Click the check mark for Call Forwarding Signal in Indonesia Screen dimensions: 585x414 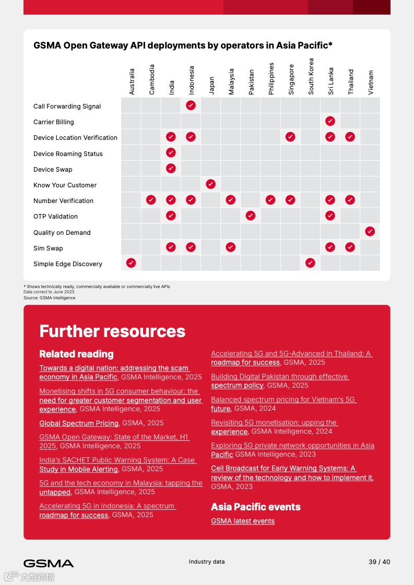(191, 105)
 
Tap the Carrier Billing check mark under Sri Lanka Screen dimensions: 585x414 (330, 121)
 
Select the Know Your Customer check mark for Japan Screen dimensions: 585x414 (211, 184)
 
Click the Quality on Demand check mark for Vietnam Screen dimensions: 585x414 (370, 231)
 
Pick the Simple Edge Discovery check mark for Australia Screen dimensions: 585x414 (131, 263)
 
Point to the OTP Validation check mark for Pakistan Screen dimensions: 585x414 (251, 216)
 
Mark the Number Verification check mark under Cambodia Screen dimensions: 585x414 (151, 200)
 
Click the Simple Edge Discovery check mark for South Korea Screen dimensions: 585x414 (310, 263)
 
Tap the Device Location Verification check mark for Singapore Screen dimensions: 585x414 (290, 137)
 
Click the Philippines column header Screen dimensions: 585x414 (271, 79)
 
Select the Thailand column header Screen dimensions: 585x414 (351, 82)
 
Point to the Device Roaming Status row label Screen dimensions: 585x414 (68, 154)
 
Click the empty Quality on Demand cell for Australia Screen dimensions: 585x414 (131, 232)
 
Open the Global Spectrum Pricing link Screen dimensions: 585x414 (79, 423)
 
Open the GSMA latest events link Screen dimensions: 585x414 (243, 521)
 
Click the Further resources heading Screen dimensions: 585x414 (112, 331)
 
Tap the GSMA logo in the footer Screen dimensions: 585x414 (49, 563)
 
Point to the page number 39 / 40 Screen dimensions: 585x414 (379, 562)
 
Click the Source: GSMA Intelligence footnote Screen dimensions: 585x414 (49, 298)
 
